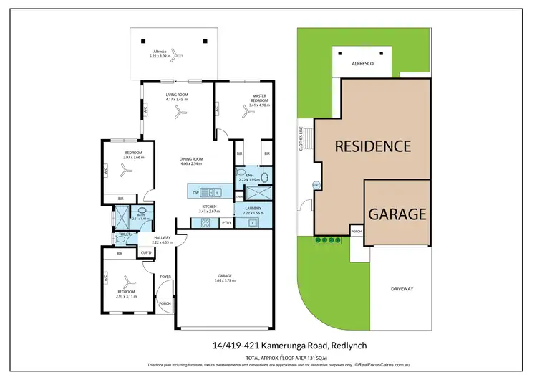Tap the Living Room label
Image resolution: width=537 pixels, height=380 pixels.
tap(177, 95)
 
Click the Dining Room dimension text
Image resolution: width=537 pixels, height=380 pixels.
tap(191, 164)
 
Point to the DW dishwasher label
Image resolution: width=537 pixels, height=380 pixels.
tap(196, 191)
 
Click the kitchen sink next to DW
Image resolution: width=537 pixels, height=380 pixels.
tap(213, 192)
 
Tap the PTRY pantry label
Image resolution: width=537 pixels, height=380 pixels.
tap(226, 223)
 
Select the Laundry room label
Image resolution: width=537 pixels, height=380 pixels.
tap(253, 208)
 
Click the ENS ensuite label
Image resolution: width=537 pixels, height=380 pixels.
tap(249, 175)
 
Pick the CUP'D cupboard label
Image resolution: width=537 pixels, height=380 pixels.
tap(145, 252)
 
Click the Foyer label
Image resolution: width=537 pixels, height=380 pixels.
tap(165, 277)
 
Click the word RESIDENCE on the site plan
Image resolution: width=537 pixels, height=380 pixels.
tap(373, 146)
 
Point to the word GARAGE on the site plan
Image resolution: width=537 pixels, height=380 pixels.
tap(397, 214)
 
